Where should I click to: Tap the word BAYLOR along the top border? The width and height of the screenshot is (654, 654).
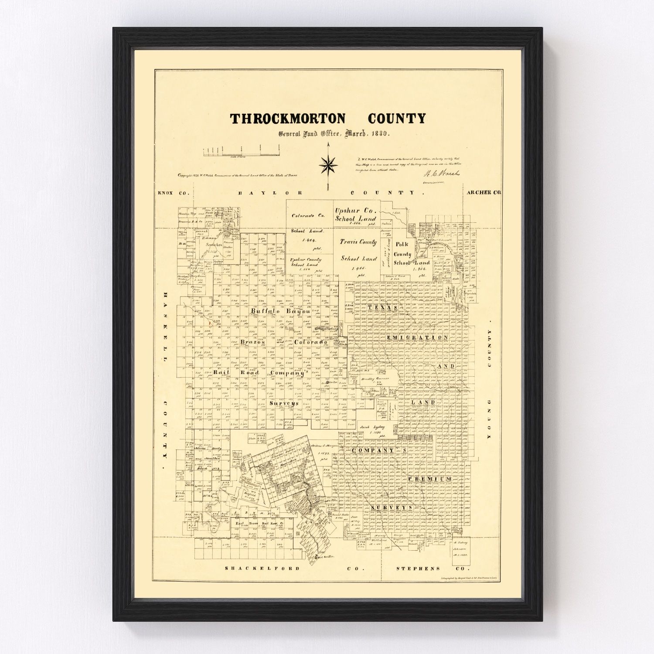tap(266, 192)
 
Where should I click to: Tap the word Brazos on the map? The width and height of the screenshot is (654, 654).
tap(252, 343)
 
